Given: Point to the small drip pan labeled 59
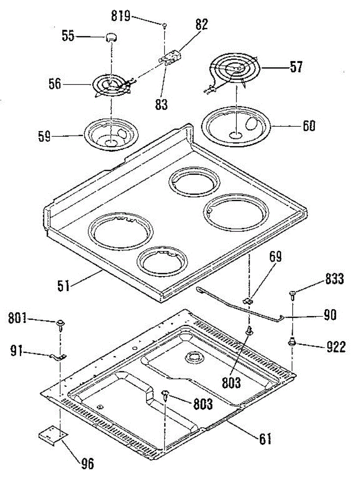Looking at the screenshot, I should pos(111,136).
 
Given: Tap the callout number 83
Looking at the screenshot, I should pos(162,105).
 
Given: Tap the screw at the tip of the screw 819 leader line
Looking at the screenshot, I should pos(164,26).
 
